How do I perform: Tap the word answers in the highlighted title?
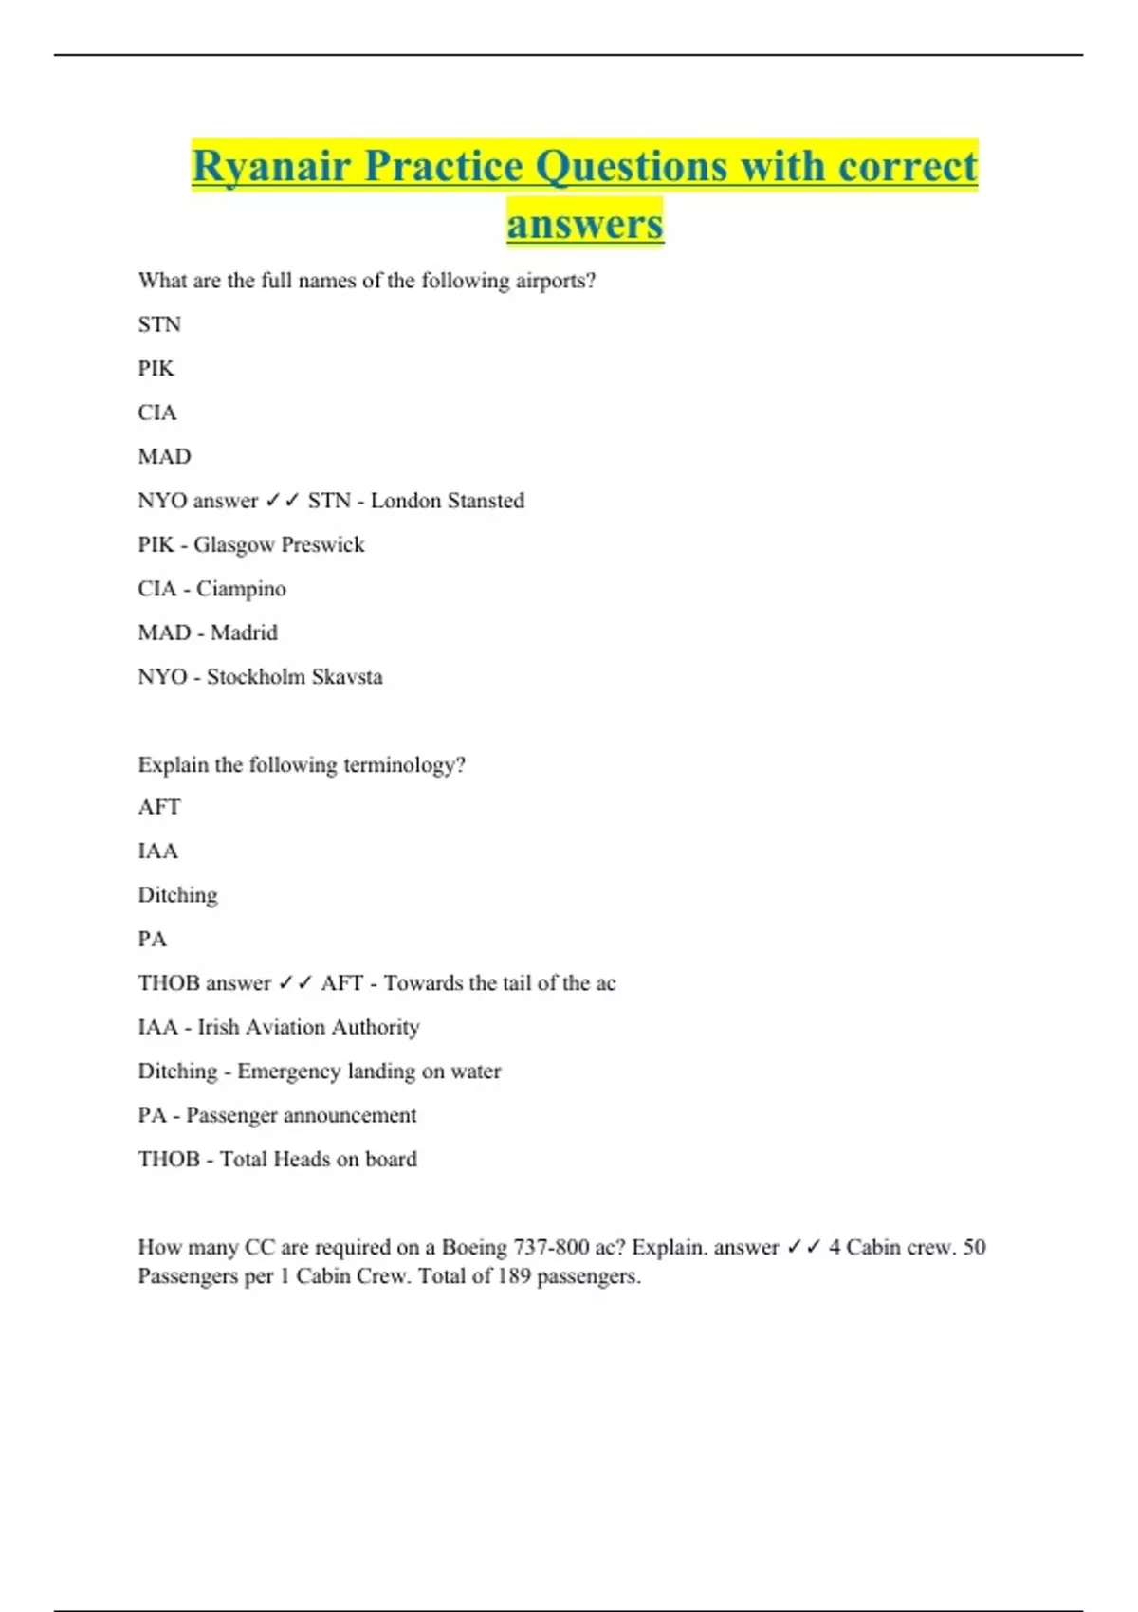(585, 225)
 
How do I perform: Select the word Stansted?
(486, 501)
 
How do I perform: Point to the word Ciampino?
(241, 589)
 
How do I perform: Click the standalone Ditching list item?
(177, 895)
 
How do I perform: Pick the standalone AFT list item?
(158, 807)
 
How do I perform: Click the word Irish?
(218, 1027)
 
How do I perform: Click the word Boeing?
(474, 1247)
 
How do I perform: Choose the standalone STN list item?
(158, 324)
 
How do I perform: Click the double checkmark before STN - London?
(283, 501)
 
